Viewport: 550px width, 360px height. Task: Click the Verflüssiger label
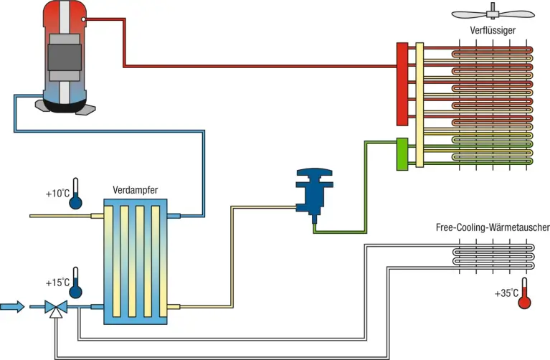[493, 29]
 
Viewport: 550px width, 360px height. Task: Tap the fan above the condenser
[493, 12]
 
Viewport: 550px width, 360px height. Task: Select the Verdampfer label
[135, 190]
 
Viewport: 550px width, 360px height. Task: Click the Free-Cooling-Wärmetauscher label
[492, 227]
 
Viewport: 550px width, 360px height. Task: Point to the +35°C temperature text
[506, 293]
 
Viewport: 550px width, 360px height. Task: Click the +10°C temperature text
[57, 194]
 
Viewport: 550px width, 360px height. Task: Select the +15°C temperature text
[57, 283]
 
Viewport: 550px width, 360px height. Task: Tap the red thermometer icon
[524, 293]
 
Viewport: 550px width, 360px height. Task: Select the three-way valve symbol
[55, 308]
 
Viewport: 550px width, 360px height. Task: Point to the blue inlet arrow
[11, 307]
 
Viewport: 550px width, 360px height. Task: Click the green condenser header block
[402, 153]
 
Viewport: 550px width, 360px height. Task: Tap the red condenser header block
[402, 82]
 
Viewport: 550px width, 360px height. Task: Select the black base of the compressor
[65, 107]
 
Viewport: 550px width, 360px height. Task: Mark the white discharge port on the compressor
[85, 19]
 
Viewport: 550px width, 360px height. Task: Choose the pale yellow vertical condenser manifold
[419, 104]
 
